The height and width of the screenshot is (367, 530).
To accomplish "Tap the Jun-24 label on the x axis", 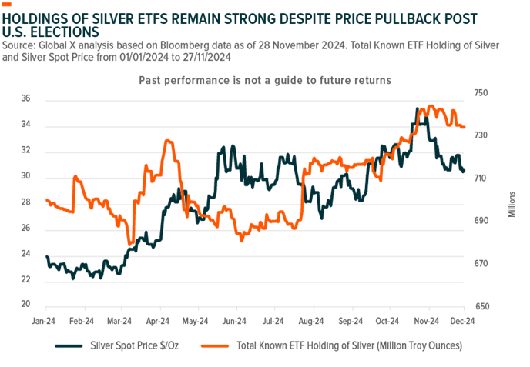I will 235,321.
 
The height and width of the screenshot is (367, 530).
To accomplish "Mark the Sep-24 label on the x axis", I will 351,321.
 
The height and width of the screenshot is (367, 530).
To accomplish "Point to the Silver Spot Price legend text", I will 141,345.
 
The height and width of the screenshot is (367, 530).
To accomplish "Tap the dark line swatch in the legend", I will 70,345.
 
